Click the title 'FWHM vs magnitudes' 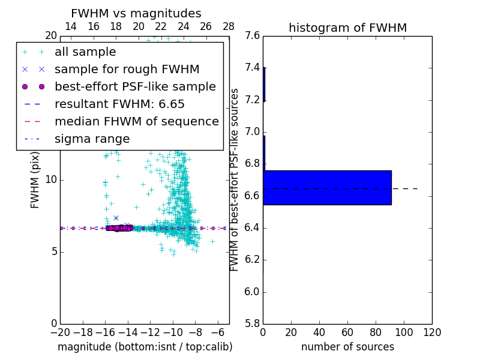(136, 13)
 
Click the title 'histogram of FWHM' (347, 28)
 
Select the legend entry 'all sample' (85, 52)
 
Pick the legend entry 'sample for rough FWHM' (127, 70)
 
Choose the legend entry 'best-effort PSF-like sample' (135, 87)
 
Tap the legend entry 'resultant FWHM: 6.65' (119, 104)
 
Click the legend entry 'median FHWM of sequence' (136, 122)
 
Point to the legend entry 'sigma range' (92, 139)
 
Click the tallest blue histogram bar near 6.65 (327, 188)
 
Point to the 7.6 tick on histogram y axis (253, 36)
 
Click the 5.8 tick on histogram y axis (253, 324)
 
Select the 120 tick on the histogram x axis (432, 332)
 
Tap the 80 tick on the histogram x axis (376, 332)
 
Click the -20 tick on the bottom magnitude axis (60, 332)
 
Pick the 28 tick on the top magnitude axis (229, 26)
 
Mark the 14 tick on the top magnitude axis (71, 26)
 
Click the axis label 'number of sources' (347, 347)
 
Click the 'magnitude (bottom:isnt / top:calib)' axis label (145, 347)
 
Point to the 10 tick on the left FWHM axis (51, 180)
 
